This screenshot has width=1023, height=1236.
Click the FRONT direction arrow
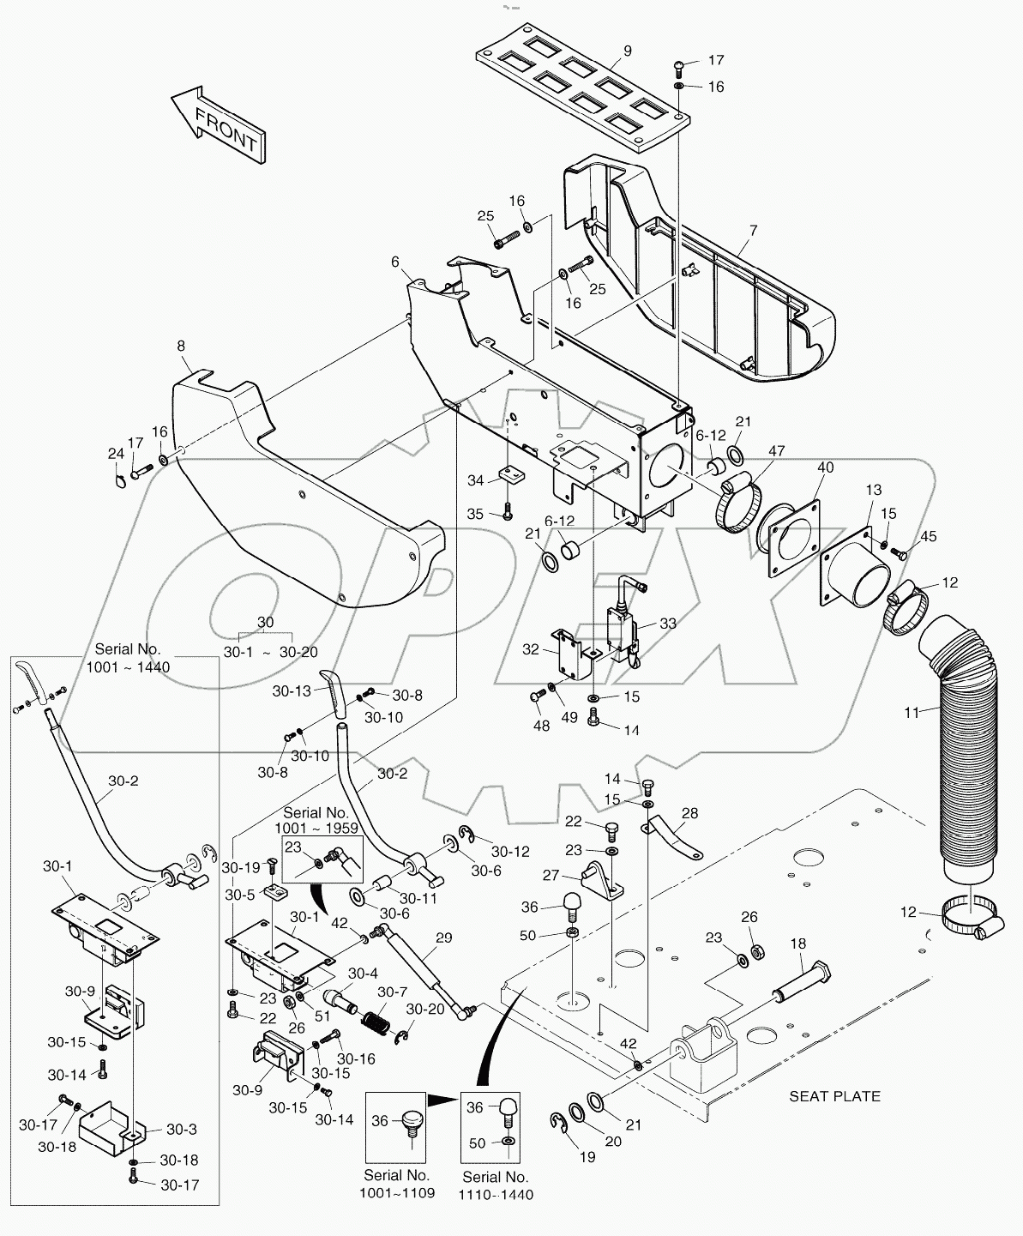click(x=218, y=124)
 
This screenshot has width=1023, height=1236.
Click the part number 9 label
click(x=627, y=51)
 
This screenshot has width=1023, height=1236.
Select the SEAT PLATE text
click(x=833, y=1095)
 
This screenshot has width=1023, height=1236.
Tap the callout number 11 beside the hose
click(x=911, y=712)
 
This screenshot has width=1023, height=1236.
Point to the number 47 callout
click(x=776, y=451)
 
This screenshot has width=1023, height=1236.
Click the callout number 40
click(x=824, y=468)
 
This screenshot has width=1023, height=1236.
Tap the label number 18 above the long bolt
click(x=797, y=944)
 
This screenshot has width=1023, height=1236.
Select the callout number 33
click(x=667, y=624)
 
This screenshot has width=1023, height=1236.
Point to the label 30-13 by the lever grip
click(x=292, y=690)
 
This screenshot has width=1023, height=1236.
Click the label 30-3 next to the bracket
click(x=182, y=1129)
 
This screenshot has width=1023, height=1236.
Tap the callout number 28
click(x=689, y=812)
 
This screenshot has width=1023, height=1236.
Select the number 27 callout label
click(x=550, y=876)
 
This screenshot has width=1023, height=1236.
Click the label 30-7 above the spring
click(x=392, y=992)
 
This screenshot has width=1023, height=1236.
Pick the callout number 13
click(x=873, y=490)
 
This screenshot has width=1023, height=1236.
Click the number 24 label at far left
click(x=116, y=454)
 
